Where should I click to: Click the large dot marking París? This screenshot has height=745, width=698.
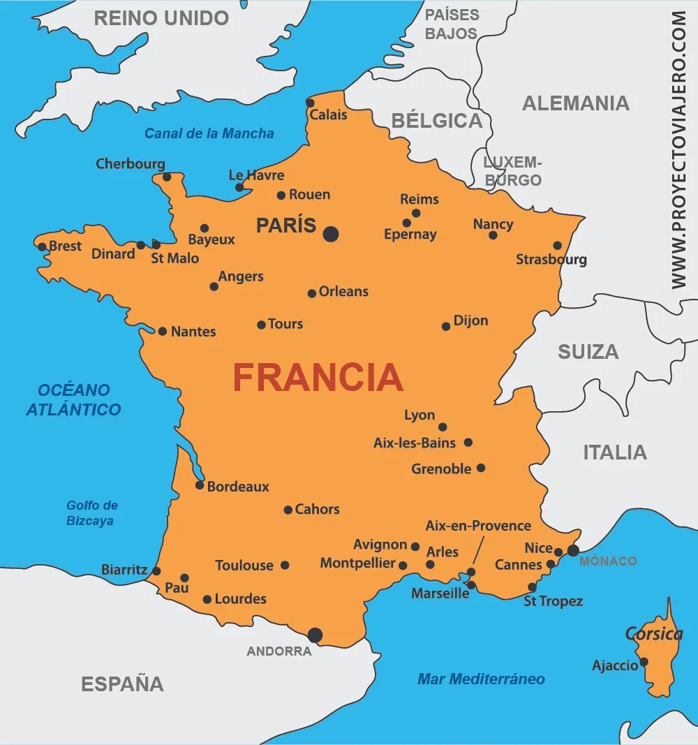point(331,234)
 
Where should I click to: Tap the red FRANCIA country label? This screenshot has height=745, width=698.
point(318,378)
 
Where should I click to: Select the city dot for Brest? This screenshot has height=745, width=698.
point(42,246)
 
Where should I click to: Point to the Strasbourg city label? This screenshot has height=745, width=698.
point(551,260)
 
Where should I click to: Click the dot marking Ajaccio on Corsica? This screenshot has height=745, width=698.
point(644,661)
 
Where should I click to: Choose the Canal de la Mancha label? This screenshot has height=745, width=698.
point(209,133)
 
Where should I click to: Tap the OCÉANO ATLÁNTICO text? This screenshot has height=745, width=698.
point(74,399)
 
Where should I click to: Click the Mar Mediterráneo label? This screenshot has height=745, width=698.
point(481,679)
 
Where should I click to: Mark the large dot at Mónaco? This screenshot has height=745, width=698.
point(573,550)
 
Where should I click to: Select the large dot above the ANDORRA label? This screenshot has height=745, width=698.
point(315,635)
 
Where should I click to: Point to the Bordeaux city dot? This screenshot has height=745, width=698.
point(200,485)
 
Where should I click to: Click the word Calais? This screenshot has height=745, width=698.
point(328,115)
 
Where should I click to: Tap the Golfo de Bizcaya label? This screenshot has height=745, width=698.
point(92,513)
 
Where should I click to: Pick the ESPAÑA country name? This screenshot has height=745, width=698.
point(123,684)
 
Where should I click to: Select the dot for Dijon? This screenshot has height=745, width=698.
point(446,326)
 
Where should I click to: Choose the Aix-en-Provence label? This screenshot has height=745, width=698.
point(478,526)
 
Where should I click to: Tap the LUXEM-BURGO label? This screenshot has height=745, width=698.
point(513,171)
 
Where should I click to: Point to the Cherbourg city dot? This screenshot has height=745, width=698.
point(167,177)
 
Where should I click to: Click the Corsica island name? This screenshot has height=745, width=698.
point(653,634)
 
